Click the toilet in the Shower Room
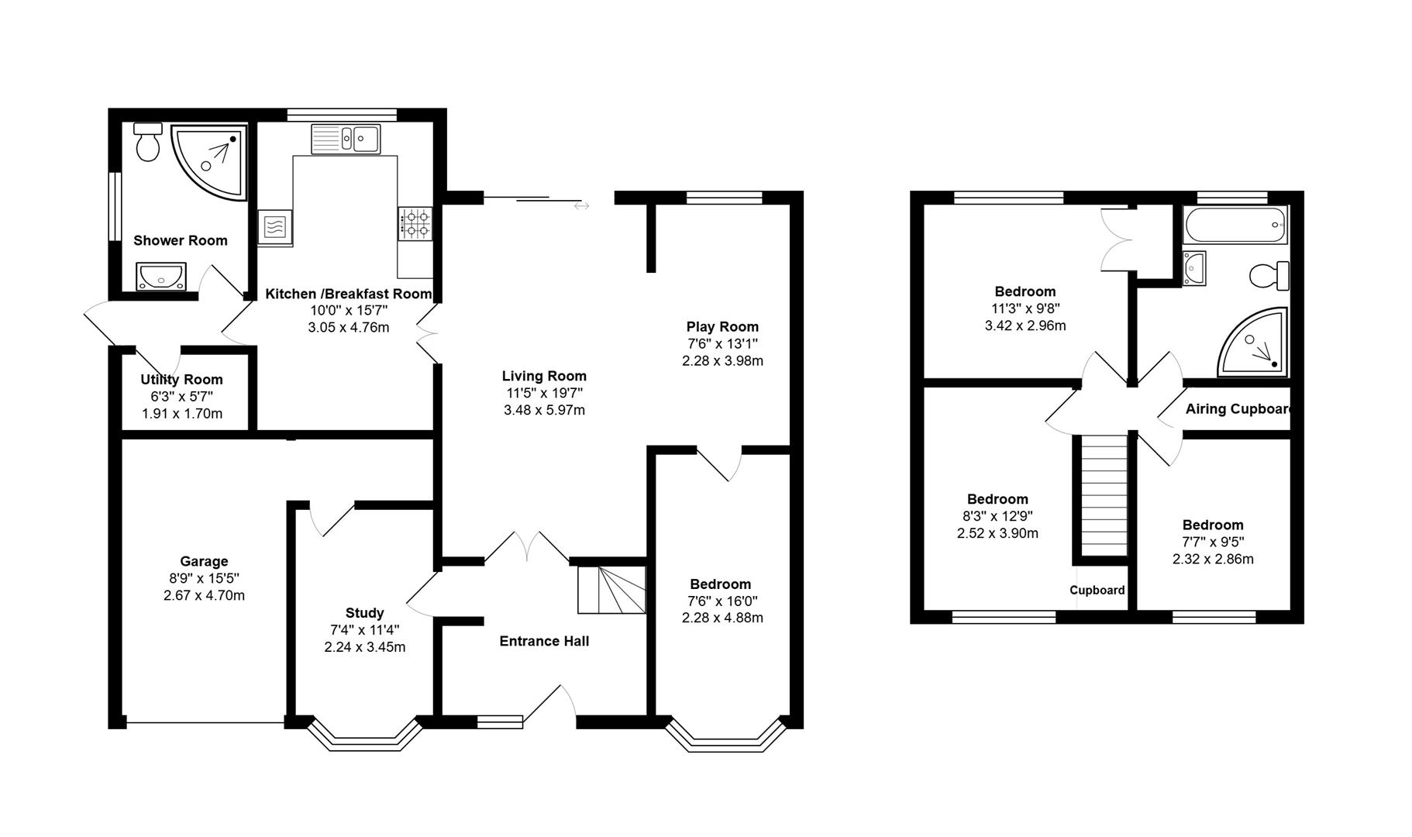[x=147, y=143]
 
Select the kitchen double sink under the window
[x=346, y=139]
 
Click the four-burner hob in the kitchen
[x=415, y=223]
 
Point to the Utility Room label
[x=181, y=380]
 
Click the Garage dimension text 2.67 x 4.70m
[x=204, y=595]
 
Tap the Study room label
[x=364, y=613]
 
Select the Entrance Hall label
[x=544, y=641]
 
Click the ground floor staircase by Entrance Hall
[x=612, y=590]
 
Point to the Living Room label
[x=544, y=377]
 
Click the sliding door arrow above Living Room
[x=581, y=206]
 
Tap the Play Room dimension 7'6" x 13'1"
[x=722, y=343]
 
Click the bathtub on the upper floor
[x=1235, y=226]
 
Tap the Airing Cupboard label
[x=1238, y=409]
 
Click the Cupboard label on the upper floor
[x=1097, y=591]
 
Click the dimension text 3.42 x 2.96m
[x=1025, y=325]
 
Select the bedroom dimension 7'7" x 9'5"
[x=1213, y=542]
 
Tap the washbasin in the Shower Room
[x=160, y=276]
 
